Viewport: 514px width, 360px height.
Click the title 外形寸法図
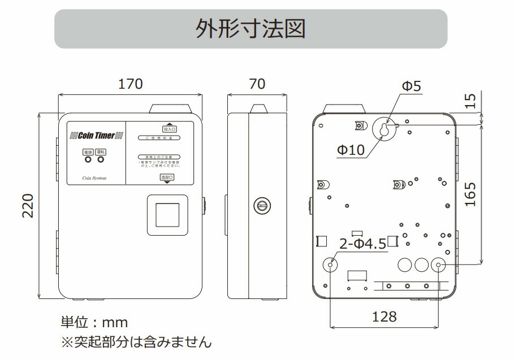(x=250, y=28)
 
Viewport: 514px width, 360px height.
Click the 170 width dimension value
(x=130, y=84)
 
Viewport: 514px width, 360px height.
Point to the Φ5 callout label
(x=411, y=86)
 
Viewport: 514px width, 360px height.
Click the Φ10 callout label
(x=351, y=150)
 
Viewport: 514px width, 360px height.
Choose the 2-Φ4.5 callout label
(x=362, y=244)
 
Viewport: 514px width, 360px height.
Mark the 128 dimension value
(x=385, y=316)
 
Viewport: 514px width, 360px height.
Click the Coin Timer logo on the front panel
(x=96, y=136)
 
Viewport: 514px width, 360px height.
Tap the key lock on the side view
(x=262, y=206)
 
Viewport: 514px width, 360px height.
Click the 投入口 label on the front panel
(x=169, y=128)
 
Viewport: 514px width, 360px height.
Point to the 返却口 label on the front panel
(x=167, y=177)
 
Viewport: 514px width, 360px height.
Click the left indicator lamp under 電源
(x=88, y=160)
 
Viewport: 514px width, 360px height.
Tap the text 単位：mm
(x=94, y=323)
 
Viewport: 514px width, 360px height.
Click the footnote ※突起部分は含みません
(x=136, y=342)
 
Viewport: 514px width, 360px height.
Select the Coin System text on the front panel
(x=94, y=178)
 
